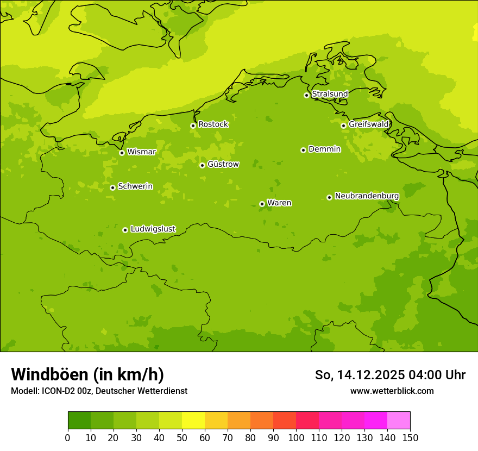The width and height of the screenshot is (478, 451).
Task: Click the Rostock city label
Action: [x=213, y=124]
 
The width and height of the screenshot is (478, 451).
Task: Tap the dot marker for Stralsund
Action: [x=306, y=95]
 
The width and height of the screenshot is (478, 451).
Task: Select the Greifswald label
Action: [x=368, y=124]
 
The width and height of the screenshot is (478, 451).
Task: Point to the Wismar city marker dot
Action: [x=122, y=153]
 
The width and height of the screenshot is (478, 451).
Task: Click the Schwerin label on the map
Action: [x=135, y=186]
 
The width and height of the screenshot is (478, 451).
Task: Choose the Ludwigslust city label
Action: [x=153, y=229]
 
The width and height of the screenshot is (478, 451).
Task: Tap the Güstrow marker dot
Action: [x=202, y=165]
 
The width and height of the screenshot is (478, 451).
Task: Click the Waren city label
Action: [x=279, y=203]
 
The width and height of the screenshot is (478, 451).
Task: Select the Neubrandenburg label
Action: [x=367, y=196]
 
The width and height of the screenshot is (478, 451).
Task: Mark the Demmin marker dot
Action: [x=303, y=150]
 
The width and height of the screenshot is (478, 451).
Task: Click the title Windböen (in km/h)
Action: [x=87, y=374]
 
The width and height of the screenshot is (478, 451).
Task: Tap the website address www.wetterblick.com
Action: [x=392, y=391]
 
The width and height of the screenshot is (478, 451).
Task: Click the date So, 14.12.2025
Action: [x=360, y=375]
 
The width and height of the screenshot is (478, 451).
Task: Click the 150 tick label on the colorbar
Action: [x=410, y=437]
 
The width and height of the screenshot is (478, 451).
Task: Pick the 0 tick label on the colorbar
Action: [x=68, y=437]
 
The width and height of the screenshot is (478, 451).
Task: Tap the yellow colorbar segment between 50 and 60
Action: [x=193, y=421]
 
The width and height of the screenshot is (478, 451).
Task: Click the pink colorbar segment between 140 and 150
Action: [x=399, y=421]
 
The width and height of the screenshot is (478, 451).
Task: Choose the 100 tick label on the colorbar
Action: [x=296, y=437]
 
